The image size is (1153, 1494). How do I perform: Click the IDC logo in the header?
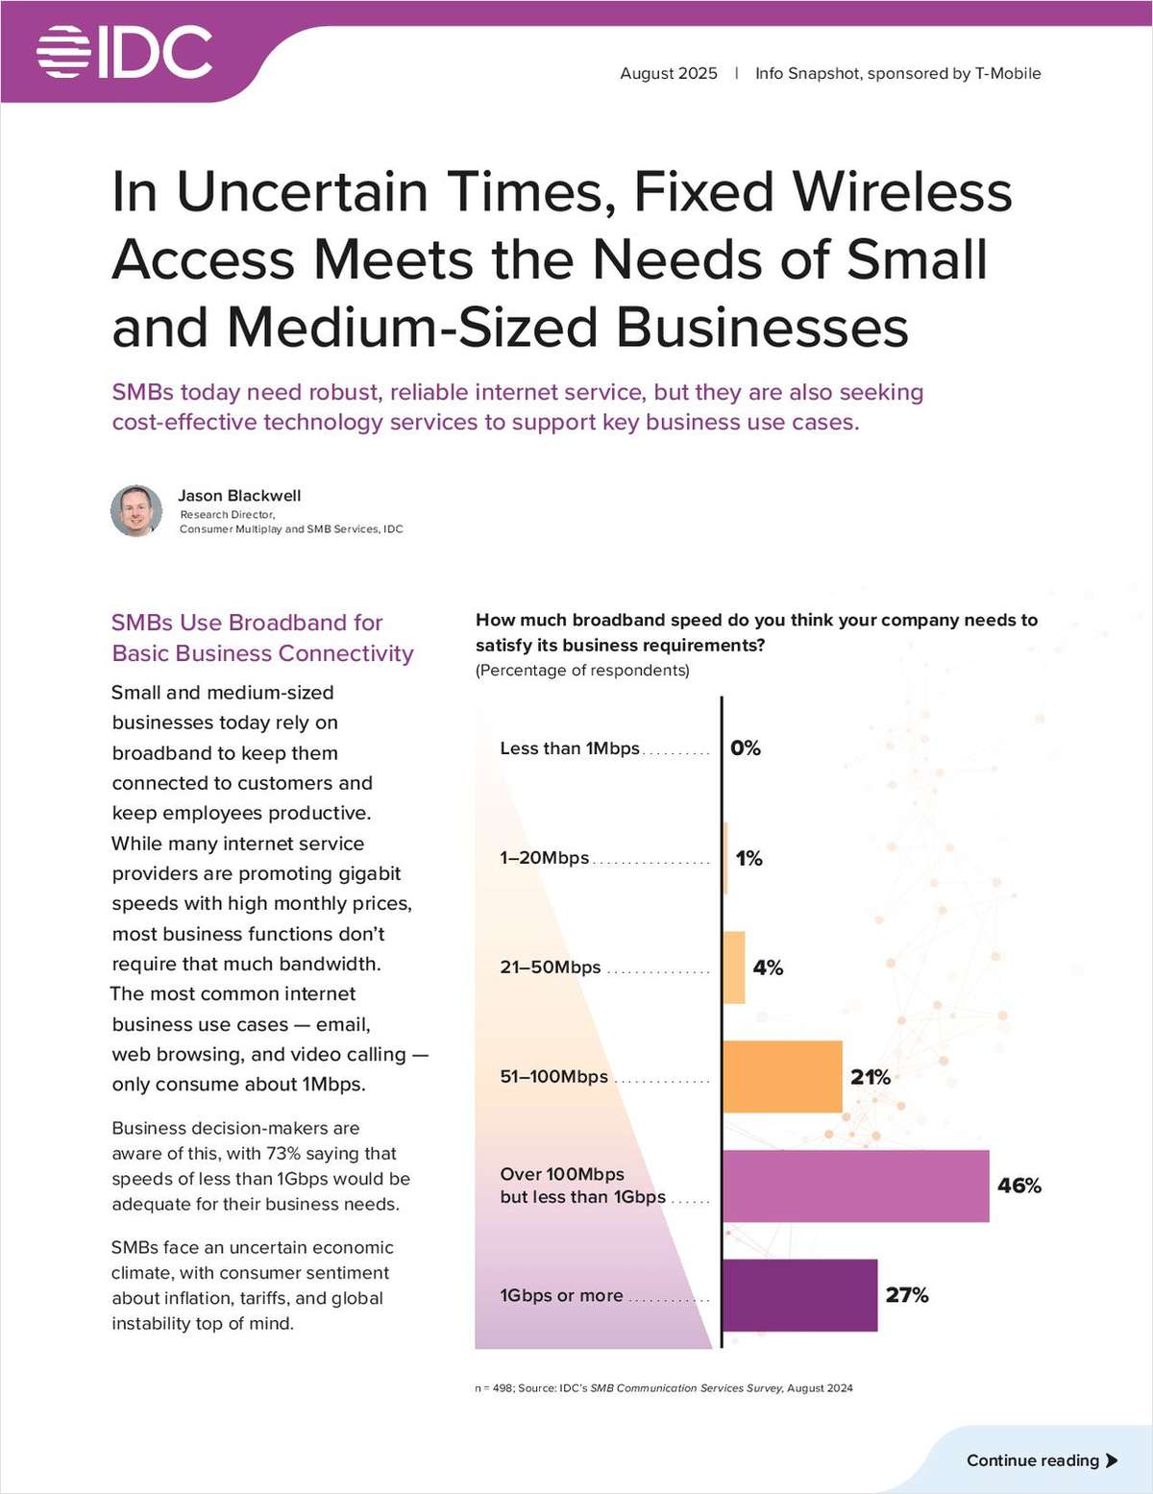point(125,52)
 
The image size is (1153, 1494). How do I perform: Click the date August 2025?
point(668,73)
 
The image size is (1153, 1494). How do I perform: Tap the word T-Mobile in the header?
point(1008,73)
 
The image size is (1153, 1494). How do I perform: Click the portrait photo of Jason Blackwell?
point(136,510)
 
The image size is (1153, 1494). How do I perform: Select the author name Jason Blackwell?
point(239,496)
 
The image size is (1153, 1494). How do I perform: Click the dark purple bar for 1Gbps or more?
point(799,1295)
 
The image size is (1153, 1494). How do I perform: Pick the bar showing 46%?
point(855,1186)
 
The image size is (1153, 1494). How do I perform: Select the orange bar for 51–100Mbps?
point(782,1076)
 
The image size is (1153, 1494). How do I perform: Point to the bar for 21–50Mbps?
point(734,967)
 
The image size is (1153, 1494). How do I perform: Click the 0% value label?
point(746,747)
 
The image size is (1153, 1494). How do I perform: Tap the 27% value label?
point(907,1295)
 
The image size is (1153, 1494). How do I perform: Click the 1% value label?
point(748,858)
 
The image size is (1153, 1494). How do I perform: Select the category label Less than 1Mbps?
point(569,748)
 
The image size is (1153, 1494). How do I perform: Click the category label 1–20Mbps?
point(544,858)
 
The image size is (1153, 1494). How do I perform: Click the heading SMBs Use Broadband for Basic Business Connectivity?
point(261,638)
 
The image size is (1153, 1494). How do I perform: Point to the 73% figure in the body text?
point(283,1153)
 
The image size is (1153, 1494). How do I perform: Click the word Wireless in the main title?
point(902,191)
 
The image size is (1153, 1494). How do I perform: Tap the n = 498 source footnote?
point(663,1387)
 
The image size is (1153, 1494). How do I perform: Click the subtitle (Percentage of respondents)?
point(582,670)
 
